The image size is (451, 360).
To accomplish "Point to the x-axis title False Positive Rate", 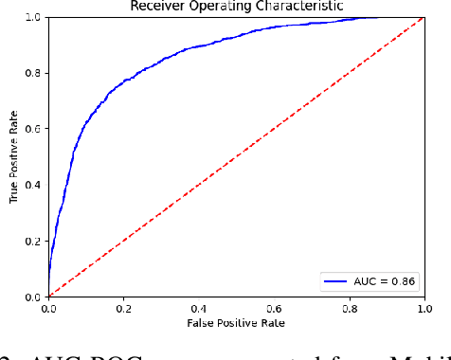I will (236, 324).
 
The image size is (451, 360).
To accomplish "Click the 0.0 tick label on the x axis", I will (48, 309).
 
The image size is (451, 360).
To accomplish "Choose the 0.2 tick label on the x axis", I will (123, 309).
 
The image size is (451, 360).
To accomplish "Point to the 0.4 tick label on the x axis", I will (199, 309).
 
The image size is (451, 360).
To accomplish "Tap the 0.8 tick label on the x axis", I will (350, 309).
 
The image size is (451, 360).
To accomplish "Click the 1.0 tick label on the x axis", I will (424, 309).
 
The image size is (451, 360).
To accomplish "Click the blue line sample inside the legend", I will (343, 282).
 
